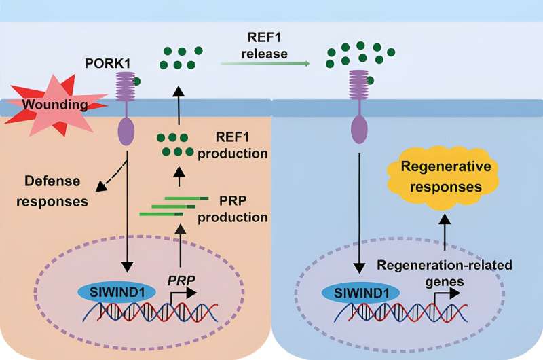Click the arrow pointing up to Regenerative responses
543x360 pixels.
point(445,235)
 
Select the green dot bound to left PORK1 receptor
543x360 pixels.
point(137,82)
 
